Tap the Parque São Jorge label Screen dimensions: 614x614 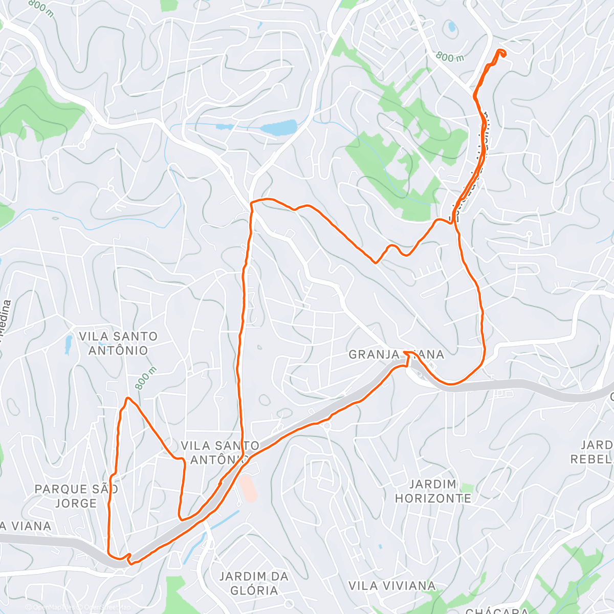(x=76, y=496)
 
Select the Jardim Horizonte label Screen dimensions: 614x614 (x=433, y=491)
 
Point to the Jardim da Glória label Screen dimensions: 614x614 (x=254, y=583)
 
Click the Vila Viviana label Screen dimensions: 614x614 (x=392, y=585)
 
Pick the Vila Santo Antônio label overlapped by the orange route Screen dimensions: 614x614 (x=220, y=453)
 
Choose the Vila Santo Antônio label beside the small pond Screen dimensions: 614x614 (x=118, y=343)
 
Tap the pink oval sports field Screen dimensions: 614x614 (x=248, y=489)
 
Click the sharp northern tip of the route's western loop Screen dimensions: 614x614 (x=127, y=398)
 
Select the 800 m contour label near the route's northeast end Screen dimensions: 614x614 (x=450, y=57)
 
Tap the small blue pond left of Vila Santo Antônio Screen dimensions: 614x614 (x=68, y=346)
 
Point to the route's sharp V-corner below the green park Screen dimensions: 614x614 (x=376, y=262)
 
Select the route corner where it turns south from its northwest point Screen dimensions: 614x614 (x=251, y=204)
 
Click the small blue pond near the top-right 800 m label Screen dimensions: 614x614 (x=452, y=27)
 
